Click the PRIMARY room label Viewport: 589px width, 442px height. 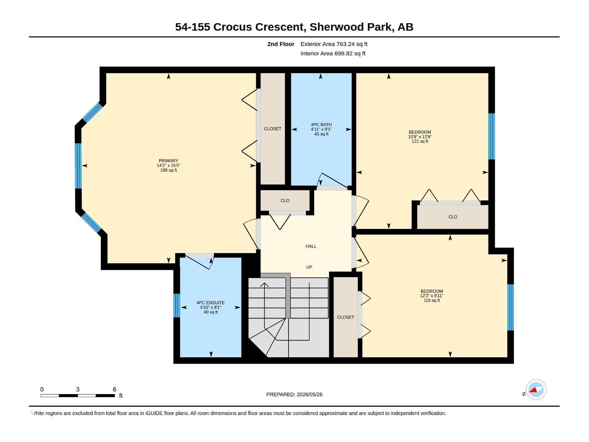tap(168, 161)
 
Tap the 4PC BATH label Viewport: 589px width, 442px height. tap(321, 124)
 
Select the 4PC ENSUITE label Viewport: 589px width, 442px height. tap(211, 303)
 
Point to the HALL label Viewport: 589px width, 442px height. tap(311, 246)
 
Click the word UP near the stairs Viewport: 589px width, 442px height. tap(309, 267)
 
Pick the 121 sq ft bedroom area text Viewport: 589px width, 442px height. tap(420, 141)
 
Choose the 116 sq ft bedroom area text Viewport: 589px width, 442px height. tap(432, 301)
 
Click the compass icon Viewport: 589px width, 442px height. tap(536, 390)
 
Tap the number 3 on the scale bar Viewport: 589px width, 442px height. tap(78, 389)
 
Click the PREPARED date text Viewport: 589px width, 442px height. tap(294, 394)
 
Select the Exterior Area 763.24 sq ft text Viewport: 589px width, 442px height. tap(334, 44)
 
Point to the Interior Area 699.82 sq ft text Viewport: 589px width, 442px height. tap(333, 53)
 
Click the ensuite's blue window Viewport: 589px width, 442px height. tap(177, 306)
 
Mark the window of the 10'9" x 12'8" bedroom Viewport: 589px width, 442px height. tap(491, 136)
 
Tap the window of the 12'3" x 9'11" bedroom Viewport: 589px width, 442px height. tap(510, 307)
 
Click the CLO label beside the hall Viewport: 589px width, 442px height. tap(285, 201)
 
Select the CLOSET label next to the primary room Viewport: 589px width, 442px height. tap(273, 129)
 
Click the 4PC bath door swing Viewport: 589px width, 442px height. tap(332, 180)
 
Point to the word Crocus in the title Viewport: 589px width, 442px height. tap(232, 27)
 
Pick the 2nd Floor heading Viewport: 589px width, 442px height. tap(281, 44)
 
